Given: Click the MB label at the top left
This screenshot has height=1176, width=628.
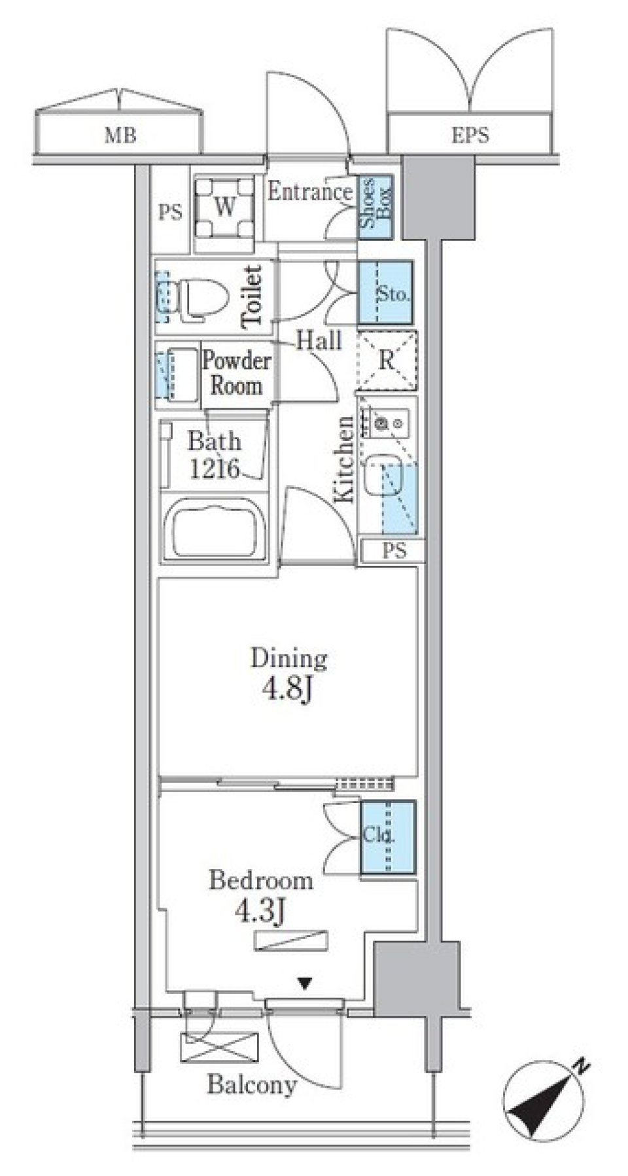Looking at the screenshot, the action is pyautogui.click(x=121, y=135).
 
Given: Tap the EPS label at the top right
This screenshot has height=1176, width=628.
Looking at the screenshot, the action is pyautogui.click(x=470, y=135).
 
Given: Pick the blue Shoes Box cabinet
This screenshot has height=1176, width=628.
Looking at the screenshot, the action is pyautogui.click(x=375, y=206).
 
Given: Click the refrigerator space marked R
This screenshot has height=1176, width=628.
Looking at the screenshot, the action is pyautogui.click(x=387, y=361).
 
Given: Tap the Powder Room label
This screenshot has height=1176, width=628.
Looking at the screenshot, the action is pyautogui.click(x=236, y=372).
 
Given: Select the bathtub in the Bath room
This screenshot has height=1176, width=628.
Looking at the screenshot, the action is pyautogui.click(x=214, y=528).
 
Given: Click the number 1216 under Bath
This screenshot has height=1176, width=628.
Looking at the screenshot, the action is pyautogui.click(x=215, y=469).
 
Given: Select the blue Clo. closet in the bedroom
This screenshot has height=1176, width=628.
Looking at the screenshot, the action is pyautogui.click(x=388, y=837).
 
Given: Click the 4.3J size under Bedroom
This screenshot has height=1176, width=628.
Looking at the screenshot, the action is pyautogui.click(x=260, y=912).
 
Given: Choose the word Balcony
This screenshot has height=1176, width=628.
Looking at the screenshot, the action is pyautogui.click(x=252, y=1084).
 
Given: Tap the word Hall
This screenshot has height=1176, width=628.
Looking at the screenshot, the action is pyautogui.click(x=319, y=340).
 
